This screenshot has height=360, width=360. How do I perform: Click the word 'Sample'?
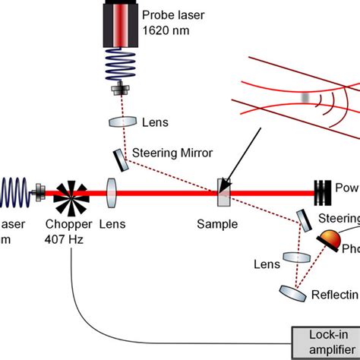tap(217, 224)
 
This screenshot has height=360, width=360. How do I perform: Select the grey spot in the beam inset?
tap(304, 97)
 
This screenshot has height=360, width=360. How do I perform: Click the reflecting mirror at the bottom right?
tap(289, 292)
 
